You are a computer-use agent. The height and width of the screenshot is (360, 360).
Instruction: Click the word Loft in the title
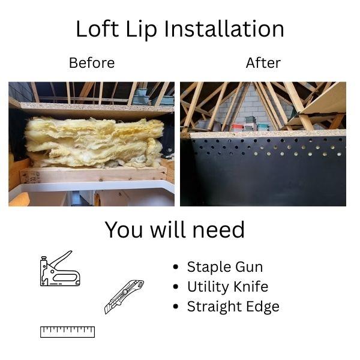click(97, 29)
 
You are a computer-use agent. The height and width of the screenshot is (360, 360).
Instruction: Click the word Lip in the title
click(142, 29)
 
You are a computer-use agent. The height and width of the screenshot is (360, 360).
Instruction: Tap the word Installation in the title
click(224, 29)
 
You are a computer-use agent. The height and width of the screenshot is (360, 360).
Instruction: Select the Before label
click(92, 62)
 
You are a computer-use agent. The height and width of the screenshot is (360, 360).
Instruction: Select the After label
click(263, 62)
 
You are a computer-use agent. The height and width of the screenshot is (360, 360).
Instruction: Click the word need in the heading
click(218, 230)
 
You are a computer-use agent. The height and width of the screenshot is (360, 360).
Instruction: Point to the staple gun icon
click(60, 268)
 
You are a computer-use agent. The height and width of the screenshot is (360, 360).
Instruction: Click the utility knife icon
click(124, 297)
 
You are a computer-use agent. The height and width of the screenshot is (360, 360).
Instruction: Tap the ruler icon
click(67, 332)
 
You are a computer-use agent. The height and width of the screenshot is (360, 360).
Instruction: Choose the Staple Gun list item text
click(225, 267)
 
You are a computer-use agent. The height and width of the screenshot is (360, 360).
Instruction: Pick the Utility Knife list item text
click(228, 287)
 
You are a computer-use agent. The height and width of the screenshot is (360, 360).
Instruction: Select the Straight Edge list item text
click(233, 307)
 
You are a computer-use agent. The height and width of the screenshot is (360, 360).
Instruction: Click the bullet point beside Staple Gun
click(176, 267)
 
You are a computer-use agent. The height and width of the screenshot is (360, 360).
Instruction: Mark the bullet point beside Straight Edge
click(176, 307)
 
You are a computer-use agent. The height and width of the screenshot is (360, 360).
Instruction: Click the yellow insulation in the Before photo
click(94, 142)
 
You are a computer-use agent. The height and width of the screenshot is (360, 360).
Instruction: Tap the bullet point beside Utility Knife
click(176, 287)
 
